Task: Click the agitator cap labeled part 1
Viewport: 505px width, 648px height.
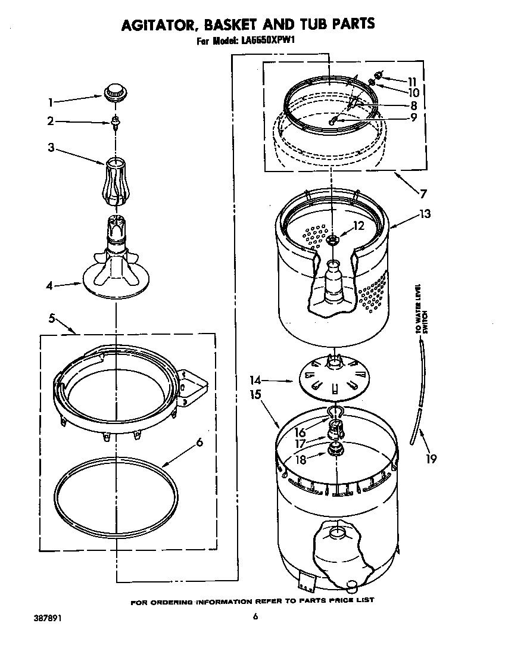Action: point(116,93)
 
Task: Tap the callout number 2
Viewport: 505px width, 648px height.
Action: point(51,121)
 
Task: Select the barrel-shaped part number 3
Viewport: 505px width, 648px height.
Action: point(116,181)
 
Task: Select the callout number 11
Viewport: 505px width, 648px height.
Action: point(412,81)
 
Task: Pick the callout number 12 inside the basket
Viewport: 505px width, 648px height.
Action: point(359,226)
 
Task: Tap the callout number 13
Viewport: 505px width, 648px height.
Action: point(425,214)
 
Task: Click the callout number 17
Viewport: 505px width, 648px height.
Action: point(300,444)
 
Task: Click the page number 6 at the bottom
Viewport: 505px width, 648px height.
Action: point(254,617)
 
